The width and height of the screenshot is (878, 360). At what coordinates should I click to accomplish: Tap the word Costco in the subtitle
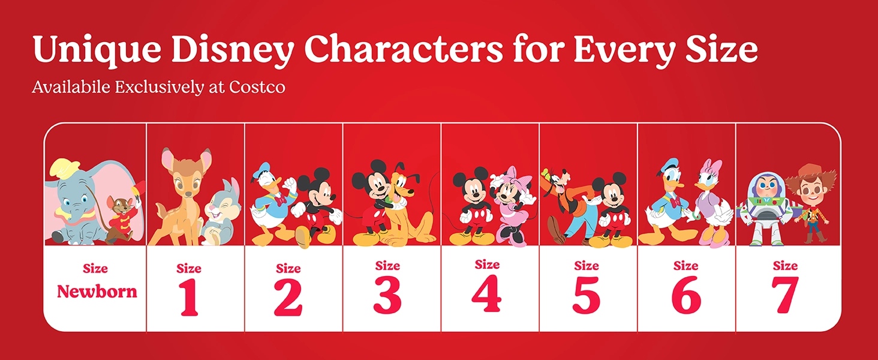257,87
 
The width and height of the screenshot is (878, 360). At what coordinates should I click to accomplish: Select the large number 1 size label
189,296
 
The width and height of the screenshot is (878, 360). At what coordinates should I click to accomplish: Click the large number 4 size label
486,293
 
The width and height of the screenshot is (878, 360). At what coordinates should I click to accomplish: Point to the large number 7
785,295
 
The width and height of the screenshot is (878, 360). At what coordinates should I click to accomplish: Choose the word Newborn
97,292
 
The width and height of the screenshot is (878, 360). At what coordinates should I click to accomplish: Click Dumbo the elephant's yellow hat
66,168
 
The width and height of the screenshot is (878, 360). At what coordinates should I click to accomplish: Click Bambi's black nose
187,194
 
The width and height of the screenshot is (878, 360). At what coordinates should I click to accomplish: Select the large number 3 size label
387,295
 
